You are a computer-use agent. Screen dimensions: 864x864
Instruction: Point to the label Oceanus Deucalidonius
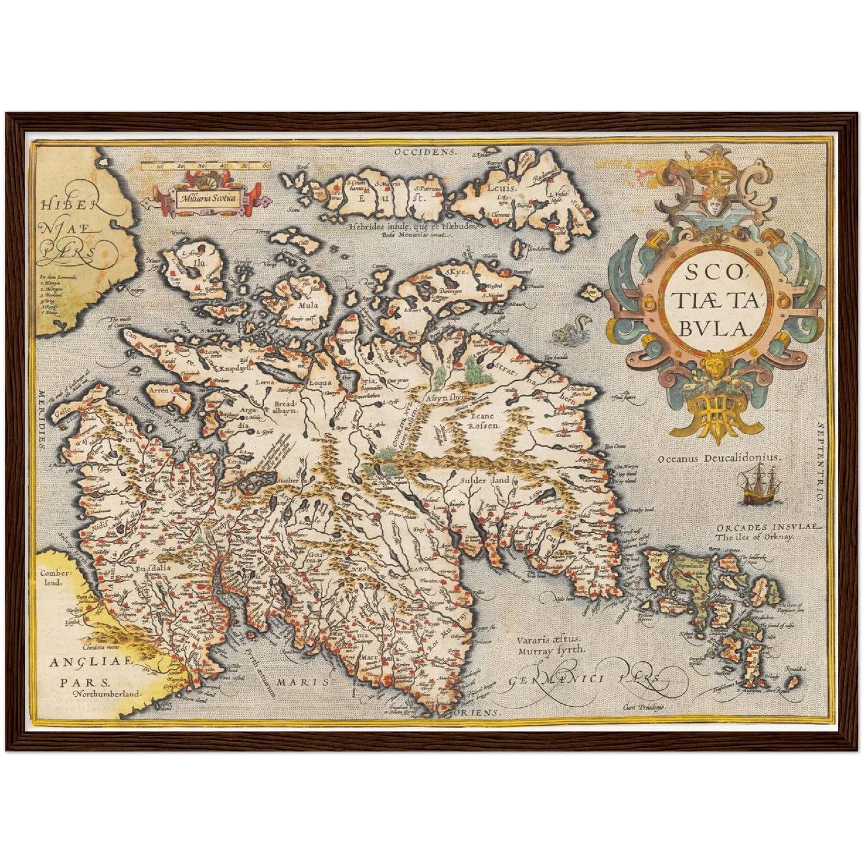(x=719, y=457)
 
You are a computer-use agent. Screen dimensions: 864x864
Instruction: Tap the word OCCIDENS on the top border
(x=425, y=152)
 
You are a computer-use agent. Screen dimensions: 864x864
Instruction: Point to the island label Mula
(x=307, y=304)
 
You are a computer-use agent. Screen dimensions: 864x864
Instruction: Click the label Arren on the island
(x=158, y=390)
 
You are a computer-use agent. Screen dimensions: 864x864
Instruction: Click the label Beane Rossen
(x=482, y=420)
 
